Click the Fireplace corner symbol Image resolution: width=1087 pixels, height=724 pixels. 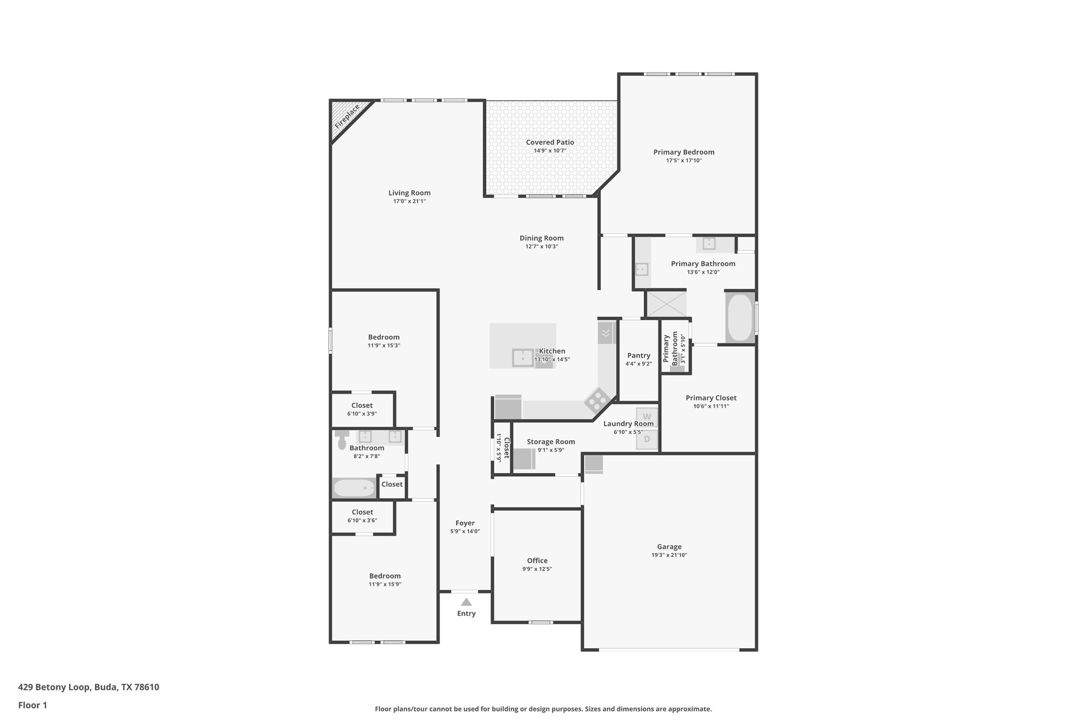(346, 116)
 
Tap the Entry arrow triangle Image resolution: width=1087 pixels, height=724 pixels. (466, 602)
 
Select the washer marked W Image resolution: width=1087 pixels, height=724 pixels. (647, 417)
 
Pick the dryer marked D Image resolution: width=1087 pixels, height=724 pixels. (647, 439)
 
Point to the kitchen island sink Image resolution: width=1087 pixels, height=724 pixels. (523, 357)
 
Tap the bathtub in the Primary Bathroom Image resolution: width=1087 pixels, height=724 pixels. (740, 318)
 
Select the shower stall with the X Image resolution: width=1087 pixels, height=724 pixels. (665, 304)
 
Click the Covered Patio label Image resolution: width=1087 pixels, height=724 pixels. (550, 142)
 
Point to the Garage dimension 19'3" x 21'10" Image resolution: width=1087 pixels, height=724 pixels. (669, 555)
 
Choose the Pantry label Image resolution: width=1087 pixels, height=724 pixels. (639, 355)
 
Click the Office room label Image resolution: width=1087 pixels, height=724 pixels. (537, 561)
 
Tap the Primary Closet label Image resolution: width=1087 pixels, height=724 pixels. (711, 398)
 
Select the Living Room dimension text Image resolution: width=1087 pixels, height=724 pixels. (409, 202)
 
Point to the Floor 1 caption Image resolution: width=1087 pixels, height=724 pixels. (32, 705)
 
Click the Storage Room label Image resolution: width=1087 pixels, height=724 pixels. (550, 442)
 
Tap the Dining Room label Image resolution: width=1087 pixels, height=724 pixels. (541, 238)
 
